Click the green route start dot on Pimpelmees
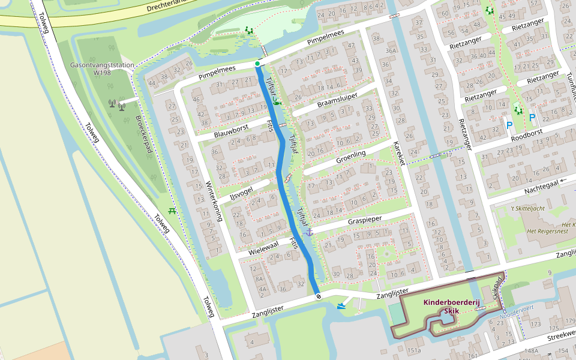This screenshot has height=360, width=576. pyautogui.click(x=257, y=64)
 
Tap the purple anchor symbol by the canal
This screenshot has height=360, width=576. pyautogui.click(x=310, y=232)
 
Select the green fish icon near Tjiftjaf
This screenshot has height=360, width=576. pyautogui.click(x=277, y=103)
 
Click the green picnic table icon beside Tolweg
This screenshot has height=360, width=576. pyautogui.click(x=173, y=211)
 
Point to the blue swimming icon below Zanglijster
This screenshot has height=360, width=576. pyautogui.click(x=341, y=307)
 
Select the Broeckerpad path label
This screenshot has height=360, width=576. pyautogui.click(x=143, y=142)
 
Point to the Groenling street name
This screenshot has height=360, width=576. pyautogui.click(x=351, y=158)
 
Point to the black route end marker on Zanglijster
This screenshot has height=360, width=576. pyautogui.click(x=317, y=296)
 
